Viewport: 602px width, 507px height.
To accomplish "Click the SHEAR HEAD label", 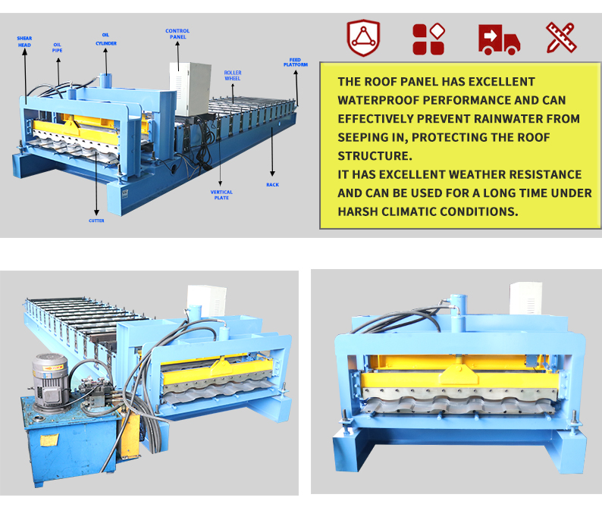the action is (24, 42).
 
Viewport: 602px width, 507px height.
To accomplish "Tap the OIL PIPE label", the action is (57, 48).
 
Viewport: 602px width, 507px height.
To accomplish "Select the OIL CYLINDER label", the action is (106, 39).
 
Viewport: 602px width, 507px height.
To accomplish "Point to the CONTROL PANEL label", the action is (177, 34).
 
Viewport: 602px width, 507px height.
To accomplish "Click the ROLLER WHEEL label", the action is (233, 75).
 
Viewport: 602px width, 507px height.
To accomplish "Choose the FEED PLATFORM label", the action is (296, 62).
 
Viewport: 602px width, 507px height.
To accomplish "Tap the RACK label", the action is (273, 185).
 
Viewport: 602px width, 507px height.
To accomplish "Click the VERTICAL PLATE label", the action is (221, 195).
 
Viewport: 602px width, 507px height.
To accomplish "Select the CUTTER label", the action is (96, 221).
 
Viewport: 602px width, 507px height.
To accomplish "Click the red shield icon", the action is (363, 38).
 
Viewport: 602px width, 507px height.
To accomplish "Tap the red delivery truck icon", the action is (499, 39).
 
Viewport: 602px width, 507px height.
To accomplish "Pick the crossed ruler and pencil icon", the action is (561, 37).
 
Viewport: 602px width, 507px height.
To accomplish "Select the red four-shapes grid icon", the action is (428, 39).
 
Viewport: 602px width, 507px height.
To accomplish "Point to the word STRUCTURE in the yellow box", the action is (375, 156).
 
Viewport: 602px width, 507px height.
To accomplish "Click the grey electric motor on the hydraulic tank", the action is (50, 381).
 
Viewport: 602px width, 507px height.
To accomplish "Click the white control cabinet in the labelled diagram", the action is (190, 89).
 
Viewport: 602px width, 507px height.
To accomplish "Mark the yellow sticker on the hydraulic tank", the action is (49, 440).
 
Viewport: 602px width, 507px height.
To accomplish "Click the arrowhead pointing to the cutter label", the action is (96, 213).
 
